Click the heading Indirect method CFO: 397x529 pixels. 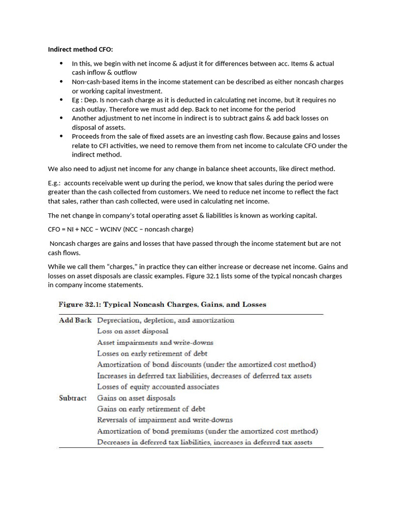coord(80,50)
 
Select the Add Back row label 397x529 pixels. coord(75,320)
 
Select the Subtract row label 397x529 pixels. coord(73,398)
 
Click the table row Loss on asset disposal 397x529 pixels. coord(132,331)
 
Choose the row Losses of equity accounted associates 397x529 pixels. coord(158,386)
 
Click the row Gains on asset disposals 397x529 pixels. coord(136,398)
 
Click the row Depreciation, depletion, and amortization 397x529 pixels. coord(165,320)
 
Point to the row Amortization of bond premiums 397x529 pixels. coord(207,431)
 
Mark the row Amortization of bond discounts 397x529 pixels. coord(206,364)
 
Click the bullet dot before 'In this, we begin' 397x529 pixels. coord(61,64)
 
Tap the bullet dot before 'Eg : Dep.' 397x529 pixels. coord(61,100)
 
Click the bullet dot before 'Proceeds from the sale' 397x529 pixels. coord(61,136)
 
